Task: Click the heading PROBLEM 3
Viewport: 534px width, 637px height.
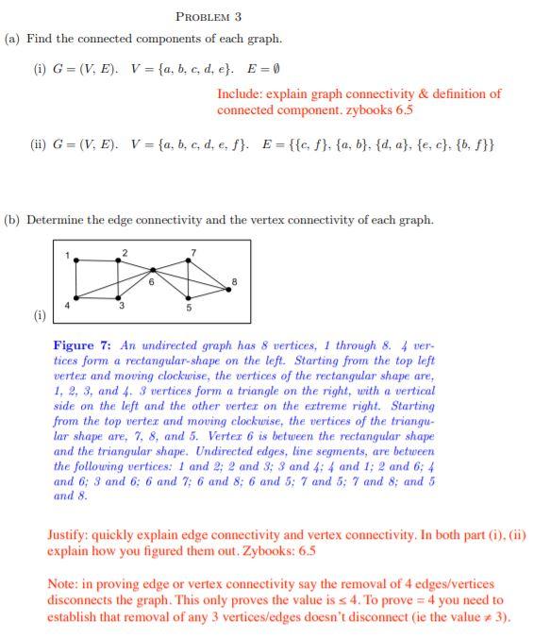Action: click(x=209, y=16)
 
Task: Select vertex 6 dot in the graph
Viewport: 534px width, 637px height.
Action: click(x=153, y=270)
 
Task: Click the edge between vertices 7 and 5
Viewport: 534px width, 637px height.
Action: click(x=190, y=279)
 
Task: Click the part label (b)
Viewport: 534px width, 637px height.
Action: click(x=13, y=220)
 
